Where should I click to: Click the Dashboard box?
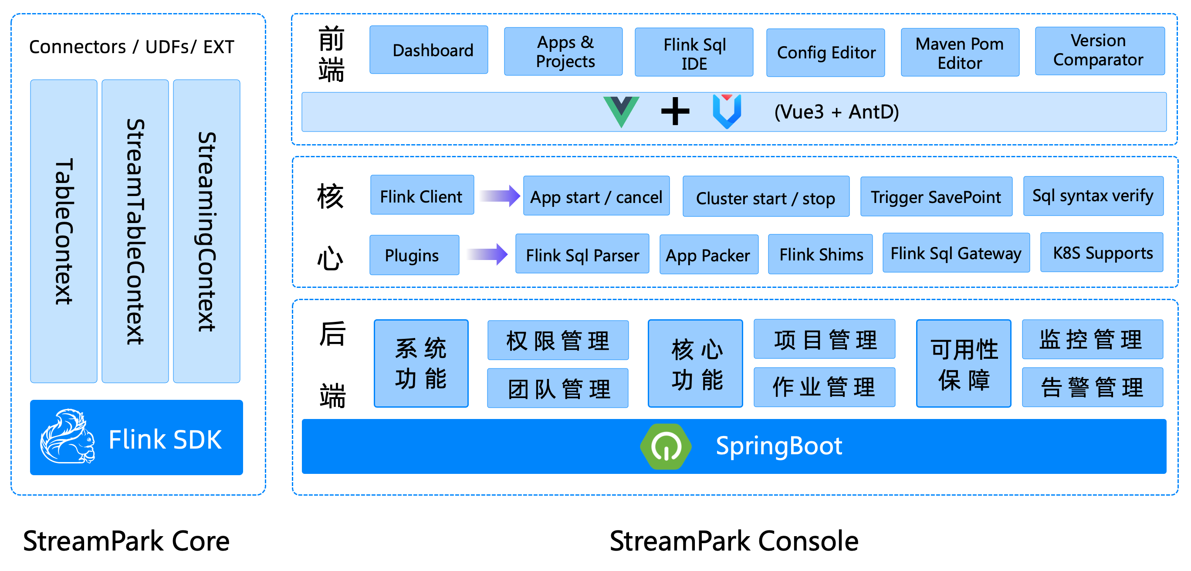pos(429,50)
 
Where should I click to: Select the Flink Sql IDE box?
pos(694,52)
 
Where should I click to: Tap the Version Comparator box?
pos(1100,51)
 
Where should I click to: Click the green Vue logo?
pos(621,111)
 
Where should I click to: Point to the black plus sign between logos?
pos(675,111)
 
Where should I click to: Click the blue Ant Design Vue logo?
pos(727,111)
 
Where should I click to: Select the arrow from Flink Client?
pos(499,196)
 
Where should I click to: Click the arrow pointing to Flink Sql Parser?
pos(487,254)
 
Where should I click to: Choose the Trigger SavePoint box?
pos(936,197)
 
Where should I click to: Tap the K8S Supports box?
pos(1101,253)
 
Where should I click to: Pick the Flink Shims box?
pos(820,255)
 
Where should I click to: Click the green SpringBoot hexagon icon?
pos(666,446)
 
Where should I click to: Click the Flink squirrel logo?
pos(68,437)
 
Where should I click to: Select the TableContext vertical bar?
pos(64,231)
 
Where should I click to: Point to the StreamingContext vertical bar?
pos(206,231)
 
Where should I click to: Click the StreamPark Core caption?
pos(126,541)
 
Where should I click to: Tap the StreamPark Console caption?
pos(734,541)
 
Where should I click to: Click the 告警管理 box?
pos(1092,388)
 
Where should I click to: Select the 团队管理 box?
pos(558,389)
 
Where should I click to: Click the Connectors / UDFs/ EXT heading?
pos(131,47)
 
